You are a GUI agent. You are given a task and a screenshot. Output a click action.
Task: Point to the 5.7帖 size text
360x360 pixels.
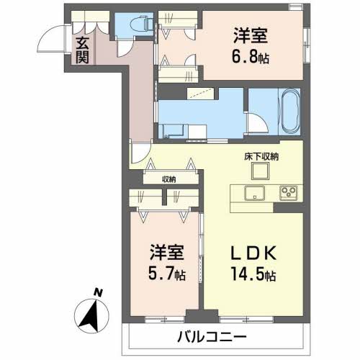click(x=166, y=275)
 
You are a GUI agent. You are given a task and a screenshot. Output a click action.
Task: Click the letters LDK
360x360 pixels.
click(x=251, y=253)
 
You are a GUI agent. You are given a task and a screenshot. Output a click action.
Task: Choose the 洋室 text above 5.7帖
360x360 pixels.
click(x=166, y=253)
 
